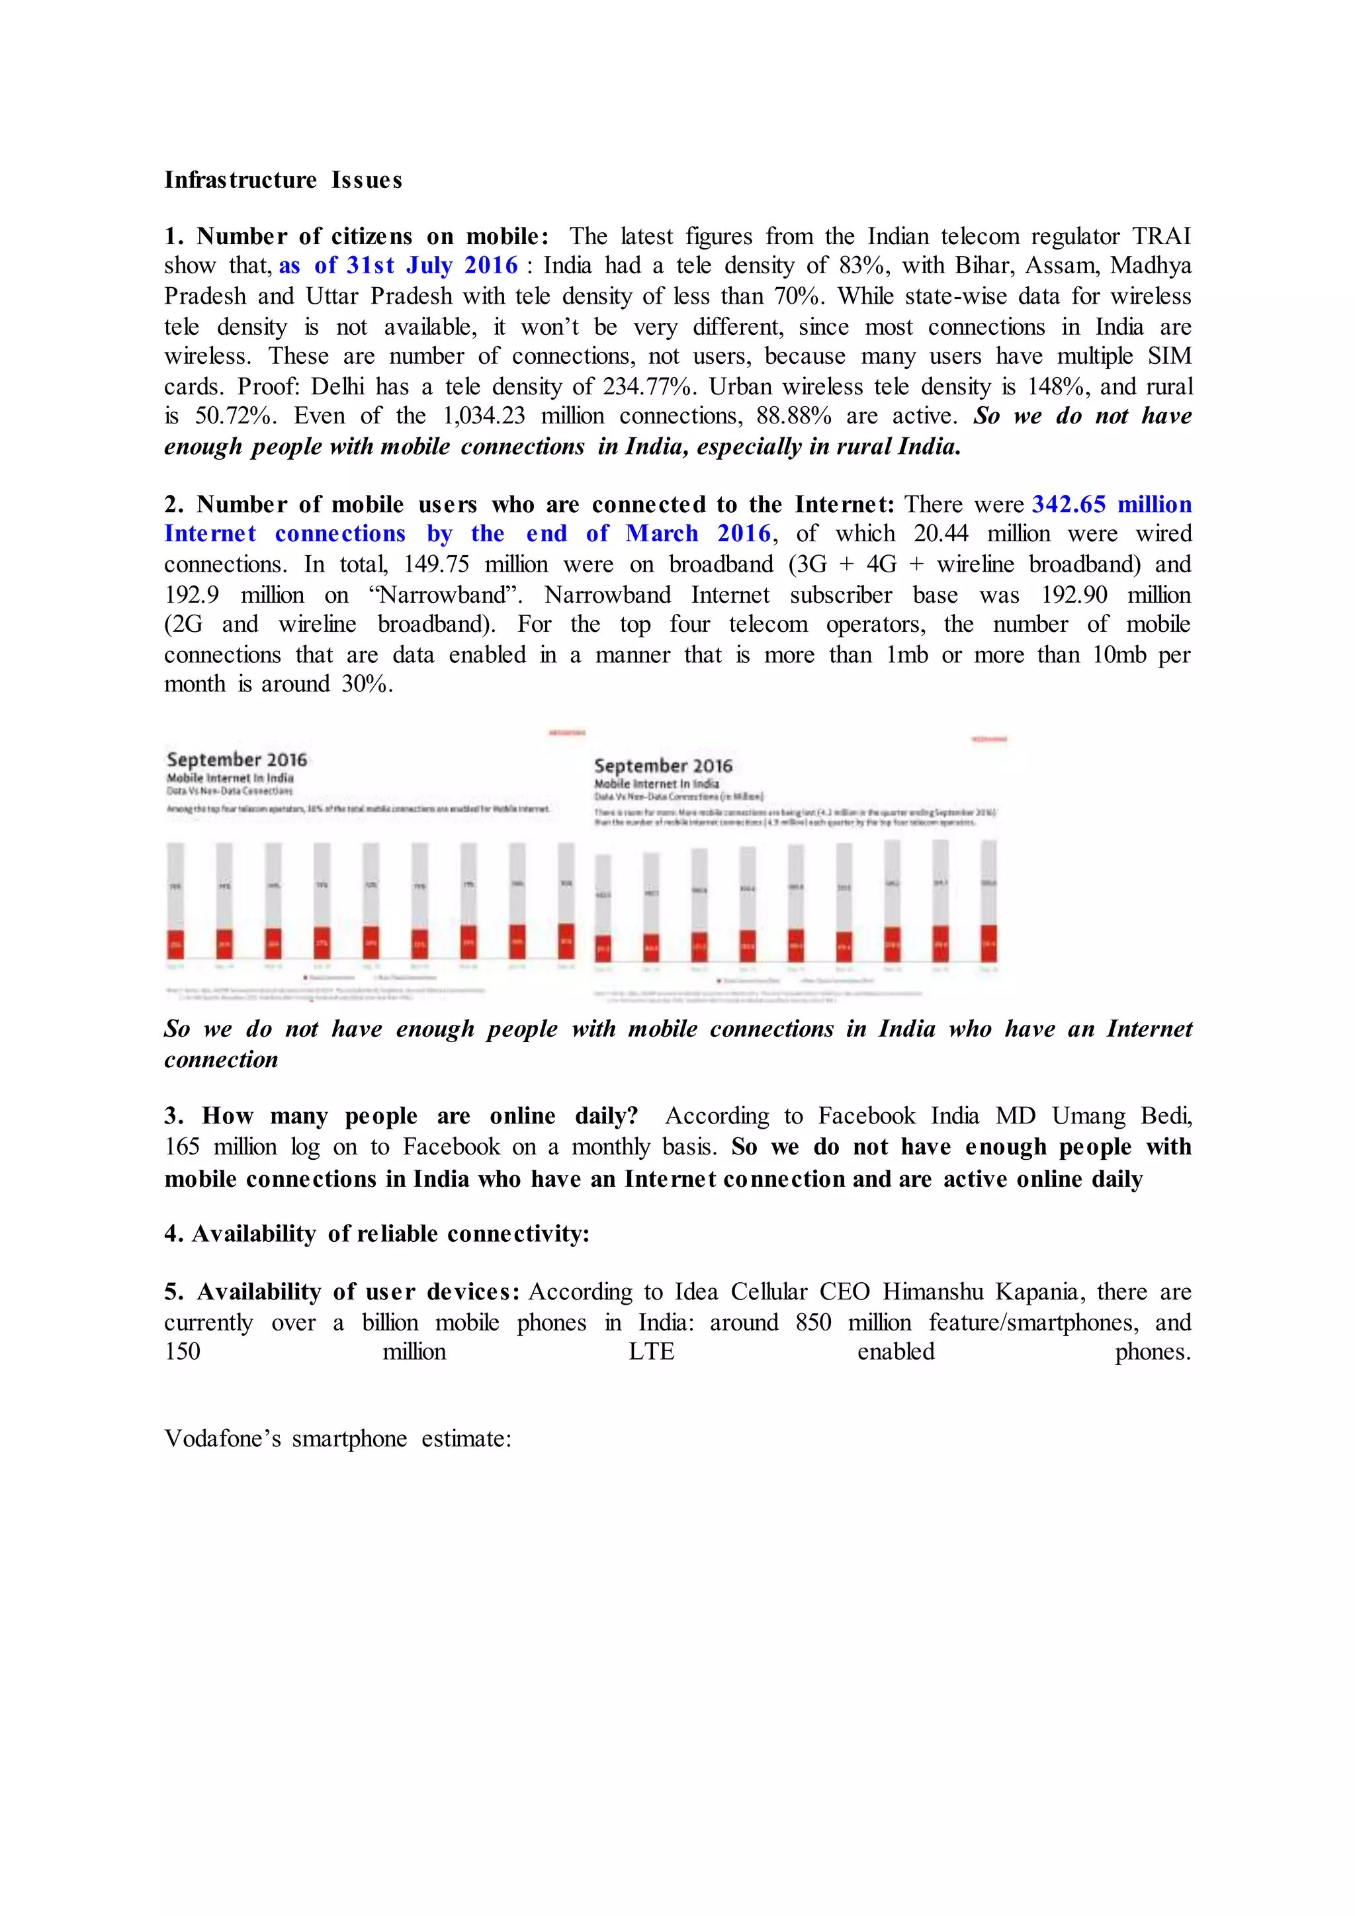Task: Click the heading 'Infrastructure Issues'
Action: tap(283, 180)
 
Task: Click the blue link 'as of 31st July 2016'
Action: tap(398, 266)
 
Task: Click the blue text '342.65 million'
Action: tap(1112, 505)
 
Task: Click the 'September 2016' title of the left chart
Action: tap(237, 760)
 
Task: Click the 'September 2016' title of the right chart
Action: tap(664, 765)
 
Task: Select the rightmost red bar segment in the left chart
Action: tap(566, 941)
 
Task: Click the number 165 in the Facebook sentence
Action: tap(182, 1147)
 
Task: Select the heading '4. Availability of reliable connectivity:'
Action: tap(376, 1234)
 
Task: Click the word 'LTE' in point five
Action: tap(651, 1352)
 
